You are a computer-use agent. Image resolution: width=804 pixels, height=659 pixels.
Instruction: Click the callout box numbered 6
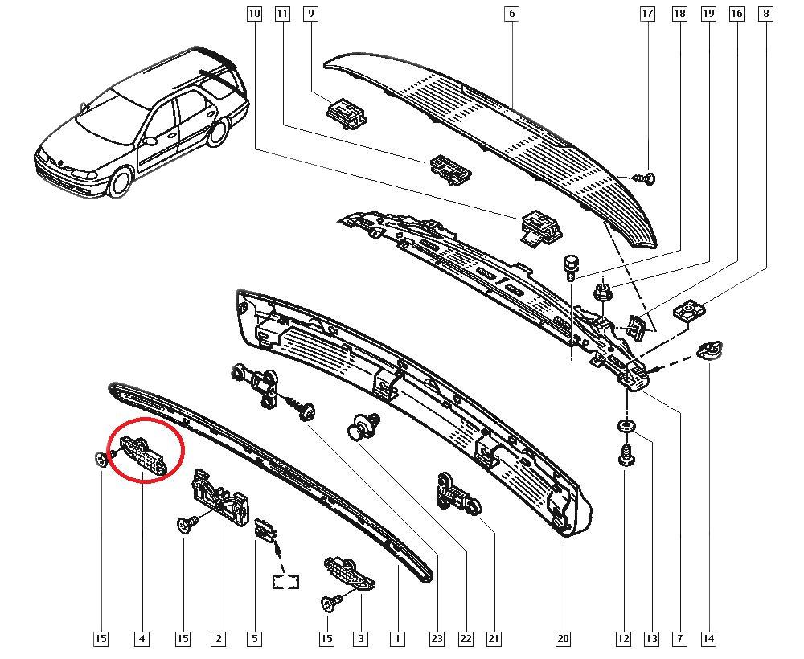511,14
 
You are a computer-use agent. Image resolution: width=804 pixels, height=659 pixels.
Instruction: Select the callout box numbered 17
647,14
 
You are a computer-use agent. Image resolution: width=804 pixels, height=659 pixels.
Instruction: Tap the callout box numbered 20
563,638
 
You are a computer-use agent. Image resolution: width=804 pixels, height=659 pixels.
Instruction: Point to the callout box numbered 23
437,638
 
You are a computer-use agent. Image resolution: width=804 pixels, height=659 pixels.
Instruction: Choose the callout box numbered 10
254,14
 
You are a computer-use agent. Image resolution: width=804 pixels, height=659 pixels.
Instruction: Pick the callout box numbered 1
397,638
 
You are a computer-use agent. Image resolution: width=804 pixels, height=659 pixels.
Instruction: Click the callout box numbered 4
142,638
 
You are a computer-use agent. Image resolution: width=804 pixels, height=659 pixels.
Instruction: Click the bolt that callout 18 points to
570,267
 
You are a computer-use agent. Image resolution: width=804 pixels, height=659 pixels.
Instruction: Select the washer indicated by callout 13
625,425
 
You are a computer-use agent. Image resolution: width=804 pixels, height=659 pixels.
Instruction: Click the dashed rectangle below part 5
285,582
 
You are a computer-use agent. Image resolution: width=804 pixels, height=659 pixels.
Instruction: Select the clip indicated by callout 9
346,113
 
